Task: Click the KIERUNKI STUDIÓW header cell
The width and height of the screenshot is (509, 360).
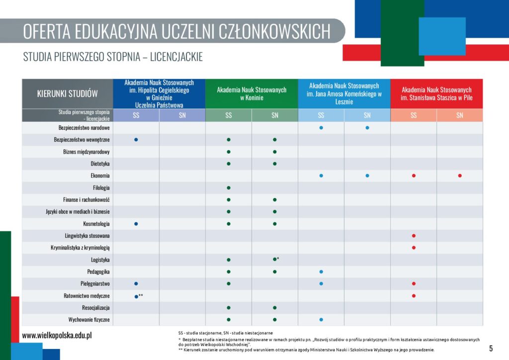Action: pyautogui.click(x=67, y=93)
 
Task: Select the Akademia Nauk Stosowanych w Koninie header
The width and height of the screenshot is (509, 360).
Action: pyautogui.click(x=252, y=93)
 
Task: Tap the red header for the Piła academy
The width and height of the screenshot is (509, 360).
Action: pyautogui.click(x=436, y=93)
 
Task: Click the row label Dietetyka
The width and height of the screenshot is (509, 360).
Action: pyautogui.click(x=100, y=164)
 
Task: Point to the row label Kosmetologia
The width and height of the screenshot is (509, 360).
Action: pyautogui.click(x=96, y=224)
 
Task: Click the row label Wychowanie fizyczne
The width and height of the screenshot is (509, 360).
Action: pyautogui.click(x=89, y=320)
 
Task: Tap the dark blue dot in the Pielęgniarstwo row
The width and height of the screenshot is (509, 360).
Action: pyautogui.click(x=136, y=283)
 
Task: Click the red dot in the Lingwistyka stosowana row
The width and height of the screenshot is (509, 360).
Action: pyautogui.click(x=414, y=236)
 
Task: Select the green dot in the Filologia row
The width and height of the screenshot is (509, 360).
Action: pyautogui.click(x=229, y=188)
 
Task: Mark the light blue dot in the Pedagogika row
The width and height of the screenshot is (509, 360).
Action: pyautogui.click(x=321, y=272)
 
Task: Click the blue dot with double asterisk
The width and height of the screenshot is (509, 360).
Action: pyautogui.click(x=136, y=296)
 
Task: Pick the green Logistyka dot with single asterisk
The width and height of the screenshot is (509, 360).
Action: pyautogui.click(x=274, y=259)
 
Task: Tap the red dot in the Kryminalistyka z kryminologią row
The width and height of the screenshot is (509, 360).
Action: pyautogui.click(x=414, y=248)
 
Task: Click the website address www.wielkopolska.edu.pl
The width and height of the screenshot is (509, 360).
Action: pyautogui.click(x=57, y=336)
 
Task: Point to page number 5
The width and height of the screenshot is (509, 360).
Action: pyautogui.click(x=491, y=348)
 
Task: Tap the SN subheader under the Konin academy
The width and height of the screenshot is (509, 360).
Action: pyautogui.click(x=274, y=115)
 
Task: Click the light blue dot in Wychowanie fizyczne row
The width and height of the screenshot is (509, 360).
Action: pyautogui.click(x=321, y=320)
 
